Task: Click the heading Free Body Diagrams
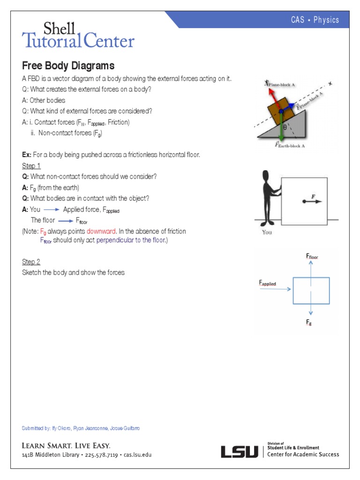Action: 68,66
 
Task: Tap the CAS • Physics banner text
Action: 315,20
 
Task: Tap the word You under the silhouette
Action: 267,232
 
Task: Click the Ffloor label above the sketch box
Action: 312,256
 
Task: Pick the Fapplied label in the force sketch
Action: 267,283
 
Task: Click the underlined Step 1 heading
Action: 31,166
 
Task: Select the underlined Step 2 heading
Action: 31,262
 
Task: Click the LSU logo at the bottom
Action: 240,452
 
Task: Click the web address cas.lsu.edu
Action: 137,455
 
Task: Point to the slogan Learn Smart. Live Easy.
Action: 66,445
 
